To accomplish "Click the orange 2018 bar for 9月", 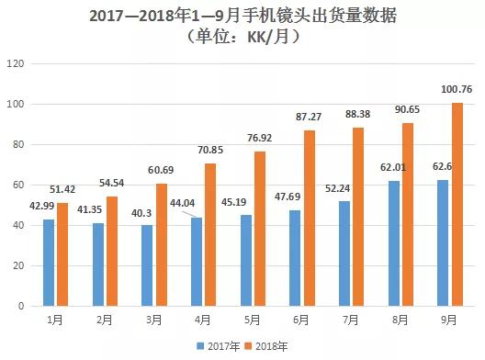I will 457,204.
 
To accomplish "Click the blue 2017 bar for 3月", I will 148,265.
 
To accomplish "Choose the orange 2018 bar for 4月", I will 210,234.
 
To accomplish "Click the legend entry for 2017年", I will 216,344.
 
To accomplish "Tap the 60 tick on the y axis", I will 17,186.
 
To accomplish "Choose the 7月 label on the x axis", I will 351,321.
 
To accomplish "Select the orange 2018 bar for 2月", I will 112,251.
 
